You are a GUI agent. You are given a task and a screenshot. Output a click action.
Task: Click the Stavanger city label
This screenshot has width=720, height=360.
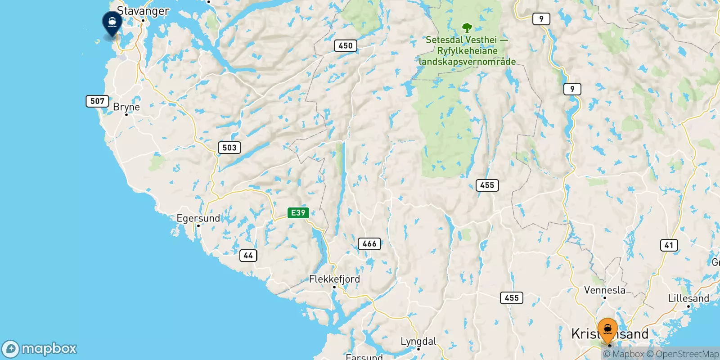[x=143, y=11]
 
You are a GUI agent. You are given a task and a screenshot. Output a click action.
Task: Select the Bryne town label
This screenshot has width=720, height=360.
[x=126, y=107]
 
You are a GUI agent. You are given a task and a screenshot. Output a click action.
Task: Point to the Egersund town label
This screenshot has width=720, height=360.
[x=198, y=218]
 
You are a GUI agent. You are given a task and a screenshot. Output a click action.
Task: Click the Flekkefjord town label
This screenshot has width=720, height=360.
[x=334, y=279]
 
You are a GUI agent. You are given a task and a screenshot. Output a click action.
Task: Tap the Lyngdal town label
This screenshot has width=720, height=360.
[x=418, y=342]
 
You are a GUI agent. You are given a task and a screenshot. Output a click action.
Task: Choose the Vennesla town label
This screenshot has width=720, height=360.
[x=604, y=290]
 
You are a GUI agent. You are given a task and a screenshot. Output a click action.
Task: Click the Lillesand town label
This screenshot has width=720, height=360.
[x=688, y=298]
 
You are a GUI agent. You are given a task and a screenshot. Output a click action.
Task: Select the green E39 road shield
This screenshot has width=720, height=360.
[x=298, y=213]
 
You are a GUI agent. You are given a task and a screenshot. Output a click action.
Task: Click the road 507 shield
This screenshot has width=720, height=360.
[x=97, y=101]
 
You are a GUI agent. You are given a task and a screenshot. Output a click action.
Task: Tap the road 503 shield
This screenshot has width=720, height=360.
[x=229, y=148]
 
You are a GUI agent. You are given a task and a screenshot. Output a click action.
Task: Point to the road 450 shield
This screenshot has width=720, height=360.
[x=345, y=45]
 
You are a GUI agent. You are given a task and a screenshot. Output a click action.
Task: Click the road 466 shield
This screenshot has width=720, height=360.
[x=369, y=244]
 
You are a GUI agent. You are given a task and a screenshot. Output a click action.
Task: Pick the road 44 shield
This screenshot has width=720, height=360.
[x=248, y=256]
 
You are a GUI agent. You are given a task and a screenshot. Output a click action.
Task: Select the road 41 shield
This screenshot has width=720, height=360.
[x=669, y=245]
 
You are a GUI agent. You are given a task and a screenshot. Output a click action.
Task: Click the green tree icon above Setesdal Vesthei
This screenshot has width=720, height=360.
[x=467, y=28]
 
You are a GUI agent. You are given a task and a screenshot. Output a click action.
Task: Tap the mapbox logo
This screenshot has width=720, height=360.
[x=40, y=349]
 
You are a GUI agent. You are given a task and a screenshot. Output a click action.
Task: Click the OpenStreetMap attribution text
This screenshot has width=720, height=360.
[x=683, y=354]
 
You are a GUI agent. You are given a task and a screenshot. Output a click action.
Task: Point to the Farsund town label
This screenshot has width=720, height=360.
[x=364, y=357]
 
